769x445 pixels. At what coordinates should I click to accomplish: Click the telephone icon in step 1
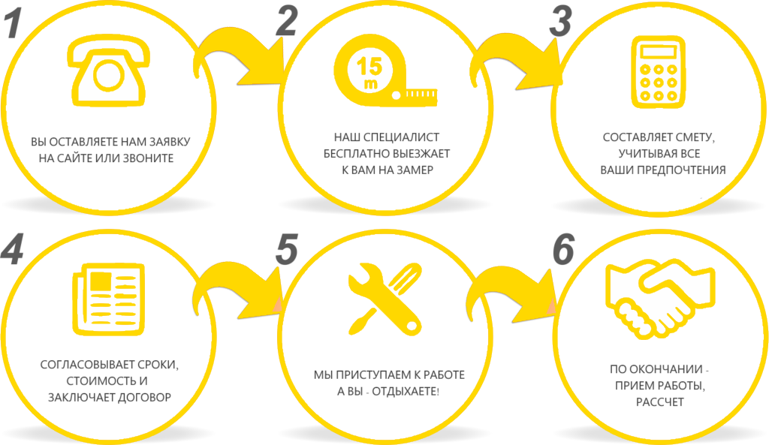coord(108,72)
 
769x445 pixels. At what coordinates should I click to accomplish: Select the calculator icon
coord(658,72)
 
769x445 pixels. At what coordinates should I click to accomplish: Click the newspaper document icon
coord(108,299)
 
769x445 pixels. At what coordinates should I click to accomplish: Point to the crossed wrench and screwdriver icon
coord(385,299)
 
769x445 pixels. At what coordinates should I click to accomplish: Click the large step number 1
coord(14,23)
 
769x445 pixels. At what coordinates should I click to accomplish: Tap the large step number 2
coord(287,20)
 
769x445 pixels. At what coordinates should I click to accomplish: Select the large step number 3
coord(561,22)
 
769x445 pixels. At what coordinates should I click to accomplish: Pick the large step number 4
coord(12,248)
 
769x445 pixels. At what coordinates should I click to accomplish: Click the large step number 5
coord(287,248)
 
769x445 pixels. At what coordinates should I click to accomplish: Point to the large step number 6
coord(564,249)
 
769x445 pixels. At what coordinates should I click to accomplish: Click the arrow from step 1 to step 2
coord(234,53)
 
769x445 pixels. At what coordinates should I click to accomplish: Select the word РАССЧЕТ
coord(659,402)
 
